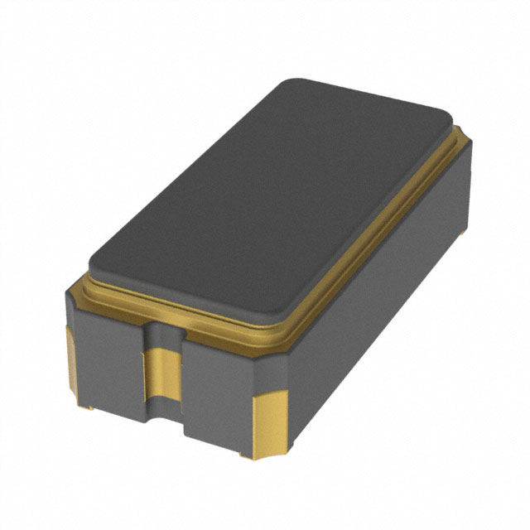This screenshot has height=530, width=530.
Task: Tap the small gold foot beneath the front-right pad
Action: (245, 454)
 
